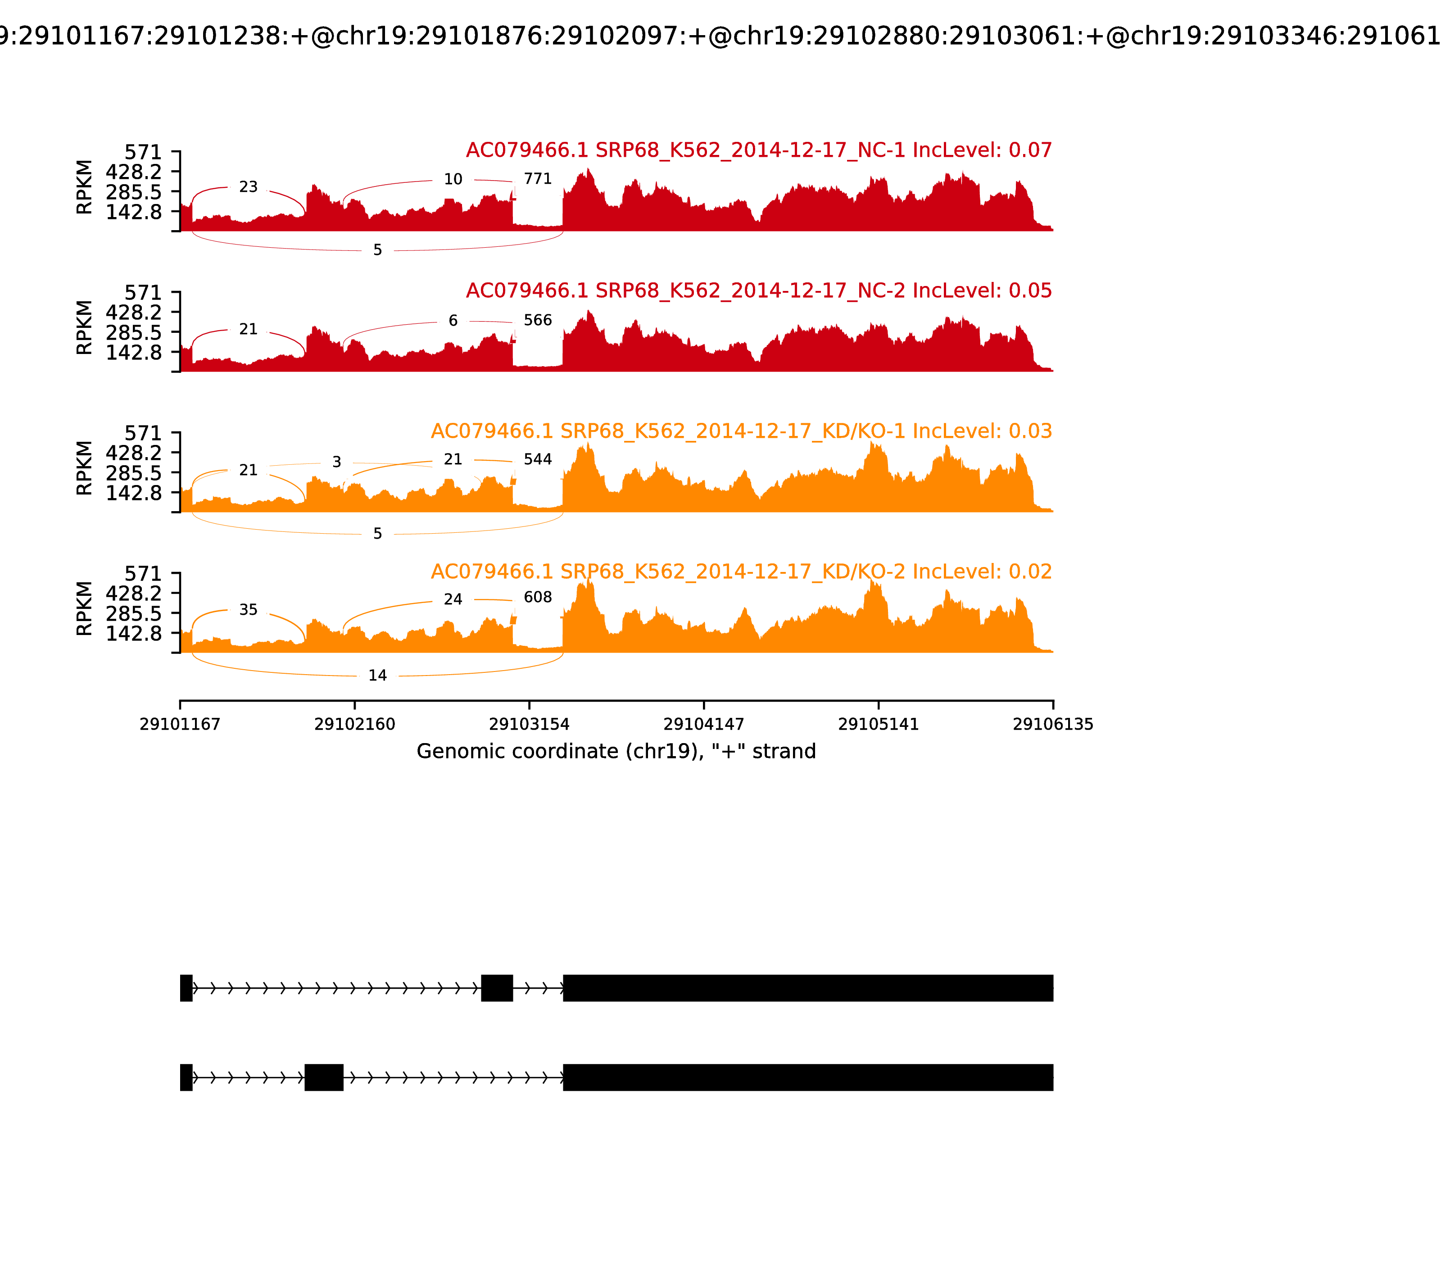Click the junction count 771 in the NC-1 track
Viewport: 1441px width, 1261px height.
(538, 179)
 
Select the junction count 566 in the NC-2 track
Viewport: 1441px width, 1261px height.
(538, 320)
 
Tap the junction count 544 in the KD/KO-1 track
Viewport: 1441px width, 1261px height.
(538, 459)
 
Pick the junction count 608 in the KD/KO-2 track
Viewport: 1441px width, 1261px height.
(538, 598)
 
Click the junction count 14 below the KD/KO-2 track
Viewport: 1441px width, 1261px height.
(378, 676)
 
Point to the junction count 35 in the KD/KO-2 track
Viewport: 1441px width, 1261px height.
(249, 610)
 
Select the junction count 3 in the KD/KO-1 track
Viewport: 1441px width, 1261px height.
(337, 463)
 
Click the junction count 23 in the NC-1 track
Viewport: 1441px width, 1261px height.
(249, 187)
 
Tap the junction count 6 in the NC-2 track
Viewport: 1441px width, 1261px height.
(453, 321)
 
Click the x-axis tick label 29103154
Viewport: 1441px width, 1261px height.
(529, 724)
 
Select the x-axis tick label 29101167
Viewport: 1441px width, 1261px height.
(180, 724)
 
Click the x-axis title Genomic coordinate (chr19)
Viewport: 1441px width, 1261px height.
(616, 752)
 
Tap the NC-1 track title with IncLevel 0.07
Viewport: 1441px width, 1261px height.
(758, 150)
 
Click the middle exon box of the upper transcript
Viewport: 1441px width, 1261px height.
(497, 988)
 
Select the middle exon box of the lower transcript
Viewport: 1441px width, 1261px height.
(324, 1077)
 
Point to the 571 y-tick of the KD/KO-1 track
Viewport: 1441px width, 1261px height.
(143, 433)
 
